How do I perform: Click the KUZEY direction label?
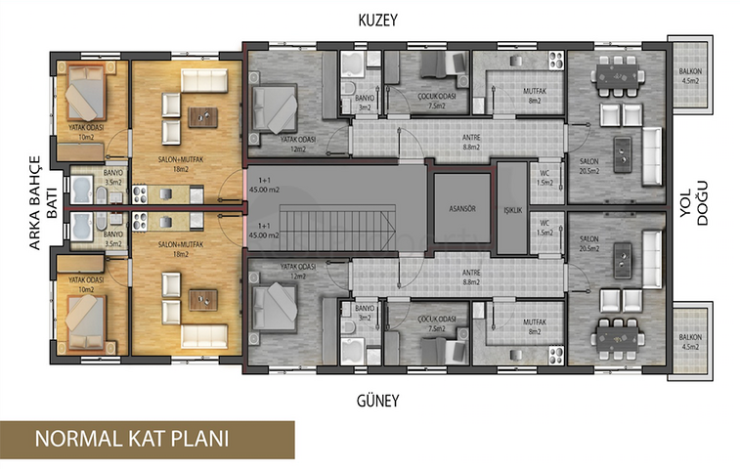pos(378,20)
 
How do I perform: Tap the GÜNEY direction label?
pos(378,402)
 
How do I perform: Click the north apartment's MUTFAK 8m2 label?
pos(534,97)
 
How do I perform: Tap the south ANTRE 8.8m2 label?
pos(472,277)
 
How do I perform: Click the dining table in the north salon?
pos(618,75)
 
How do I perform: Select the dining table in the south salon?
pos(618,334)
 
